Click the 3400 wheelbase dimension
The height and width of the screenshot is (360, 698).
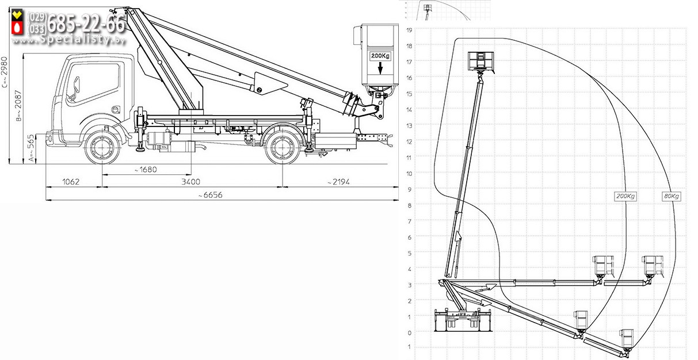click(x=190, y=182)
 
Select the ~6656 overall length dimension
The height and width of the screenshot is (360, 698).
click(x=211, y=195)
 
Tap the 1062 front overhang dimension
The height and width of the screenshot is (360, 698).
click(x=71, y=182)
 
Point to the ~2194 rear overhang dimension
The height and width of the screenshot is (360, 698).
click(x=338, y=182)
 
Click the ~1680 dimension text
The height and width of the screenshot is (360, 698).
click(x=145, y=170)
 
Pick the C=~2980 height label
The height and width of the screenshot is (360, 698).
click(x=5, y=72)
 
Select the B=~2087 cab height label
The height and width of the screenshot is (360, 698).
click(x=18, y=106)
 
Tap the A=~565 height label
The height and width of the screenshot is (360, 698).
click(x=31, y=148)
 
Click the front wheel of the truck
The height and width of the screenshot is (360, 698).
click(x=102, y=148)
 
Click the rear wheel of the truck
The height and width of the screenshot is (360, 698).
click(x=282, y=148)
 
